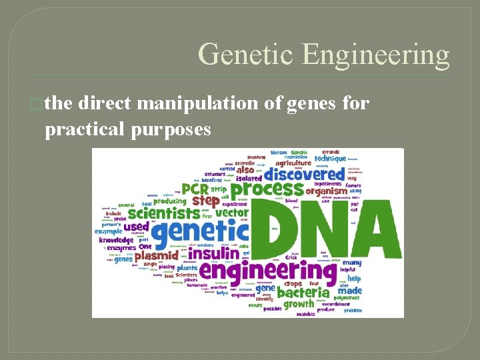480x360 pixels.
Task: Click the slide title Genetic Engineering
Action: click(x=324, y=55)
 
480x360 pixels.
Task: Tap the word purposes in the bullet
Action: click(x=172, y=129)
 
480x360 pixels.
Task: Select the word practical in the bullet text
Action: click(x=85, y=129)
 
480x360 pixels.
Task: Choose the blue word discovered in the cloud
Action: click(x=305, y=175)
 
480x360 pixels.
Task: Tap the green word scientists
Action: click(x=164, y=213)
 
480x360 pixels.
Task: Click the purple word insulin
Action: click(x=213, y=254)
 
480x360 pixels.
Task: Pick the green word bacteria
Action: click(x=303, y=292)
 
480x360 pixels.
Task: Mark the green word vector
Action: click(x=232, y=213)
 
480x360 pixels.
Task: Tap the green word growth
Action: click(x=298, y=304)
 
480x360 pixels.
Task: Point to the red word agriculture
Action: click(x=293, y=162)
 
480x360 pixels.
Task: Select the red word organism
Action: click(x=326, y=191)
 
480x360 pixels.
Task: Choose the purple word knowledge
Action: click(x=117, y=240)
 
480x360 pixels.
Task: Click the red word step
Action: click(x=205, y=201)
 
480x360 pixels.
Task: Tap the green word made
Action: click(x=349, y=291)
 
